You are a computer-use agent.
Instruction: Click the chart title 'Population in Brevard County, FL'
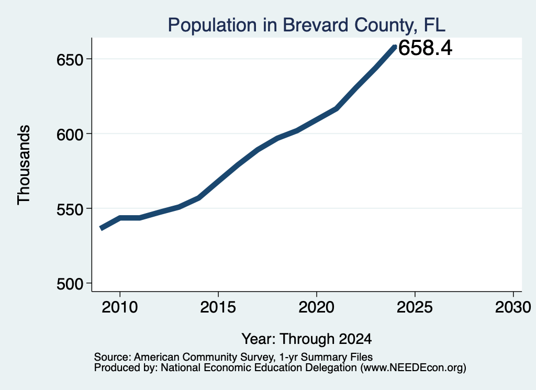tap(306, 25)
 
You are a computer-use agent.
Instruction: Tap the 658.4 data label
tap(425, 48)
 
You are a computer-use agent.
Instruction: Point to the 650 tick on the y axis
tap(70, 60)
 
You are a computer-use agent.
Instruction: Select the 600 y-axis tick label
tap(70, 135)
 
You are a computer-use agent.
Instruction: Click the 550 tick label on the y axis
tap(70, 209)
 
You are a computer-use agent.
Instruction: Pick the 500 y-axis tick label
tap(70, 284)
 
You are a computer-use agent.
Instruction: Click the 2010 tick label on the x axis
tap(120, 307)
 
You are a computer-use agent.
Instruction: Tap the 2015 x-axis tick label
tap(218, 307)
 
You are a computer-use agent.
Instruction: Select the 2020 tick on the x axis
tap(317, 307)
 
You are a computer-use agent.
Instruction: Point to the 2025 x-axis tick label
tap(415, 307)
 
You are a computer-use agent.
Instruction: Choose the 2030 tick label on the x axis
tap(513, 307)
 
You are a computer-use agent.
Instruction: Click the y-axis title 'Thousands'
tap(24, 165)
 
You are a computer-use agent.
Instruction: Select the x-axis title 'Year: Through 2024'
tap(307, 339)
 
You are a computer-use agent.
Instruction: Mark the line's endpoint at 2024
tap(395, 47)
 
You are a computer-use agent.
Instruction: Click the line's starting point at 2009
tap(101, 228)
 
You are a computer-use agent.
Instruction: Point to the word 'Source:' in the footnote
tap(113, 357)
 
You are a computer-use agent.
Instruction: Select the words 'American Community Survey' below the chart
tap(204, 358)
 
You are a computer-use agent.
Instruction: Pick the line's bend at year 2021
tap(337, 109)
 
